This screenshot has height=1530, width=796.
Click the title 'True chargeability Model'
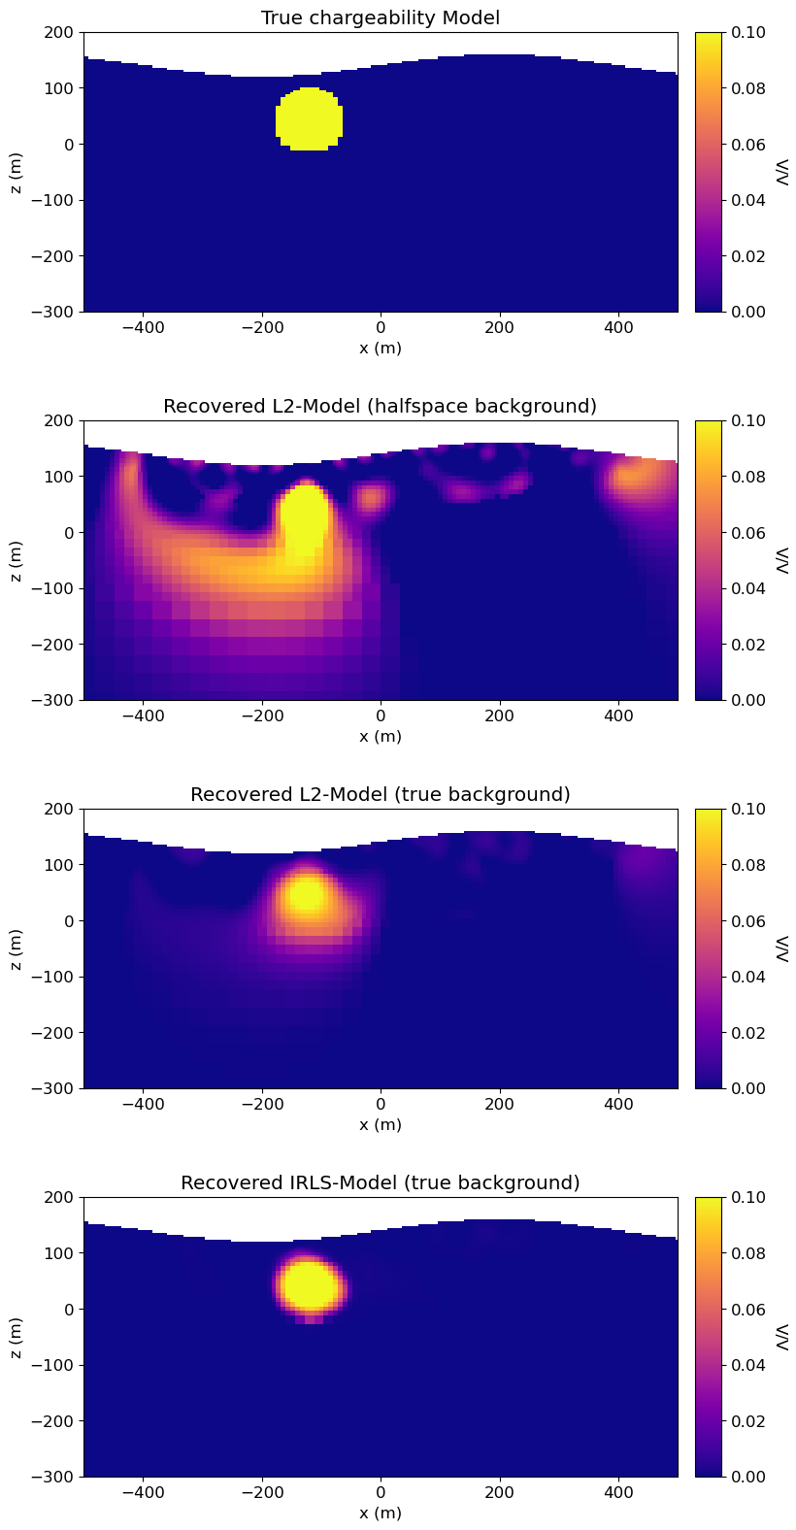[x=381, y=17]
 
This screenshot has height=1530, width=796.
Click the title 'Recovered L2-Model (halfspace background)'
[x=381, y=406]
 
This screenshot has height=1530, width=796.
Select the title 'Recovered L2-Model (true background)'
[x=381, y=794]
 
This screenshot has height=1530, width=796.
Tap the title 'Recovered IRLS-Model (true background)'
[x=381, y=1182]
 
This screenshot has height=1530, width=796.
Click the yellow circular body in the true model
[x=309, y=119]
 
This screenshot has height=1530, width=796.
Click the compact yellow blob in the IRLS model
[x=310, y=1285]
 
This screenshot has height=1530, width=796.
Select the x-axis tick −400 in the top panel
[x=143, y=327]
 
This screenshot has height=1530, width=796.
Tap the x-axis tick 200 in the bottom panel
[x=500, y=1492]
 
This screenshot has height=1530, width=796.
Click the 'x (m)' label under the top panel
[x=381, y=348]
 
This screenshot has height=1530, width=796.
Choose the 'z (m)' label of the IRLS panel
[x=17, y=1337]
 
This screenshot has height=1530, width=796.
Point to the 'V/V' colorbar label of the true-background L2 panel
[x=782, y=948]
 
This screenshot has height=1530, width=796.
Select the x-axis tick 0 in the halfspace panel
[x=381, y=715]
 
